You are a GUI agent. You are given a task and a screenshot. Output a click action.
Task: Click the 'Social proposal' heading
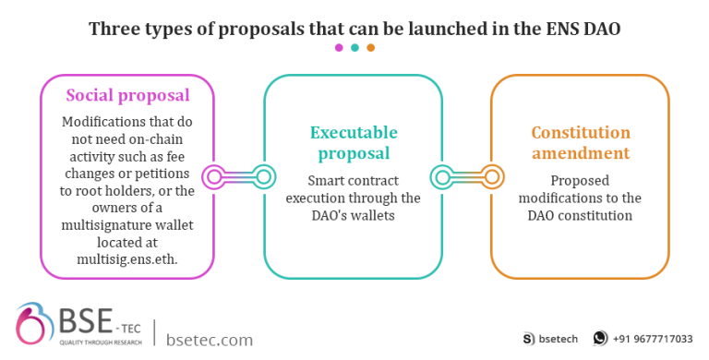click(x=127, y=95)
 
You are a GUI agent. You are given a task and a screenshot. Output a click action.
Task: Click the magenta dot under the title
click(x=339, y=47)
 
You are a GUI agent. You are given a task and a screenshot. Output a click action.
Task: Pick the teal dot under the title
click(x=354, y=47)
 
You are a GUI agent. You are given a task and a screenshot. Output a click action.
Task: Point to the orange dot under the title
click(x=370, y=47)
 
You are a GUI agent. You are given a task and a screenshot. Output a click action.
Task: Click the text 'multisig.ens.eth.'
click(x=126, y=246)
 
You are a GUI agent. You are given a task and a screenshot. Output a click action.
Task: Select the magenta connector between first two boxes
click(x=238, y=174)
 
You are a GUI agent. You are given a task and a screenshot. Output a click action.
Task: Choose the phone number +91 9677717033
click(x=653, y=339)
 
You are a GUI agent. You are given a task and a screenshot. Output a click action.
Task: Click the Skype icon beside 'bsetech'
click(x=529, y=339)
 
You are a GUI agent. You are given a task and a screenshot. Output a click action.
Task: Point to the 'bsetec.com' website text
click(x=210, y=340)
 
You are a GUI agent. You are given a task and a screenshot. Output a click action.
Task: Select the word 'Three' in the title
click(x=114, y=28)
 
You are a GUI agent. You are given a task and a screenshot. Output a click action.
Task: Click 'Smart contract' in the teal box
click(x=355, y=181)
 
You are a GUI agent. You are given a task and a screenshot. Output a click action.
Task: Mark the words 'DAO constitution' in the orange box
click(x=580, y=215)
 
